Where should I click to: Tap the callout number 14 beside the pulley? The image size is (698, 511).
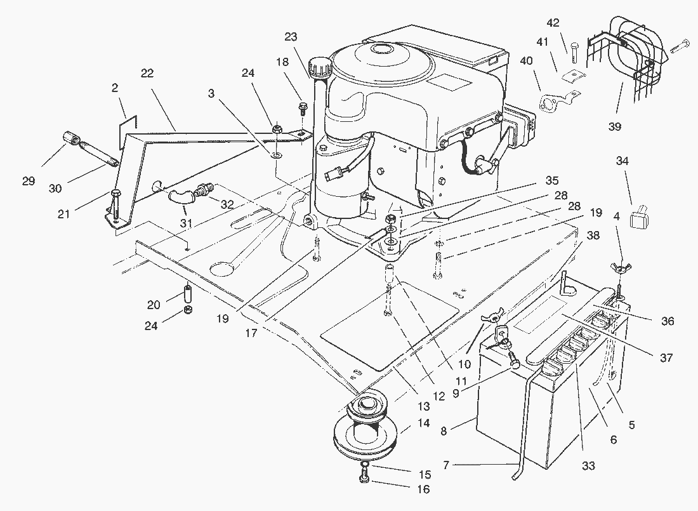[x=424, y=423]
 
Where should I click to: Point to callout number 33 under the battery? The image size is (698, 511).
[x=588, y=466]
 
